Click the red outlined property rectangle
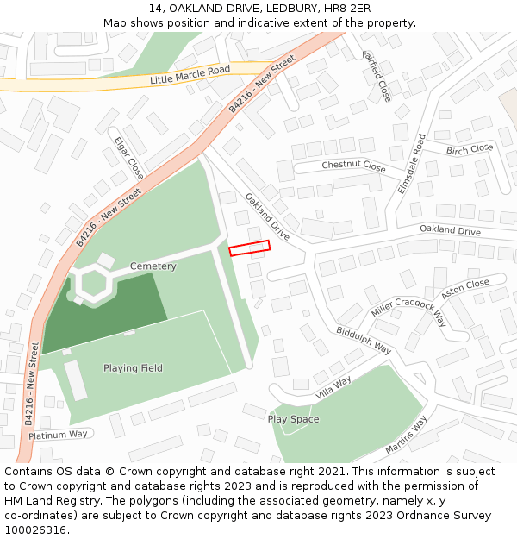tap(249, 248)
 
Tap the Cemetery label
tap(153, 266)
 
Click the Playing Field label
tap(133, 368)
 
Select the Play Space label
tap(293, 419)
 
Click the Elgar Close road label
tap(129, 156)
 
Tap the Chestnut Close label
tap(353, 166)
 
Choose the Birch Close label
tap(469, 149)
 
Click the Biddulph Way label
tap(364, 340)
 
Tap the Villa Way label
tap(333, 386)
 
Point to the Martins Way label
tap(406, 435)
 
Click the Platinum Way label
tap(58, 435)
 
